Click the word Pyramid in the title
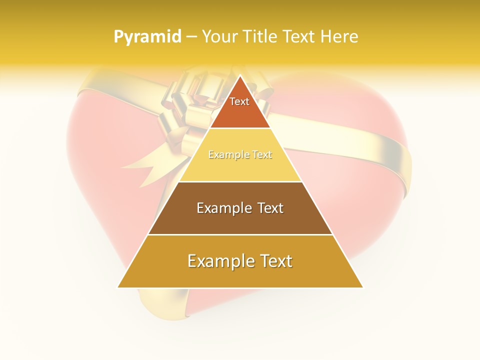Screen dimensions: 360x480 pos(147,37)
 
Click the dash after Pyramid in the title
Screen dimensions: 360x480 pos(191,37)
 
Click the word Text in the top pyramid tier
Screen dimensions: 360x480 pos(239,101)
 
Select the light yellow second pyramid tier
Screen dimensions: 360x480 pos(240,167)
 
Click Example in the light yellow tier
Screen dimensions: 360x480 pos(224,155)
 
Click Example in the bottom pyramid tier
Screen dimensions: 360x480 pos(217,261)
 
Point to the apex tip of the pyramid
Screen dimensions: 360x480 pos(240,76)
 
